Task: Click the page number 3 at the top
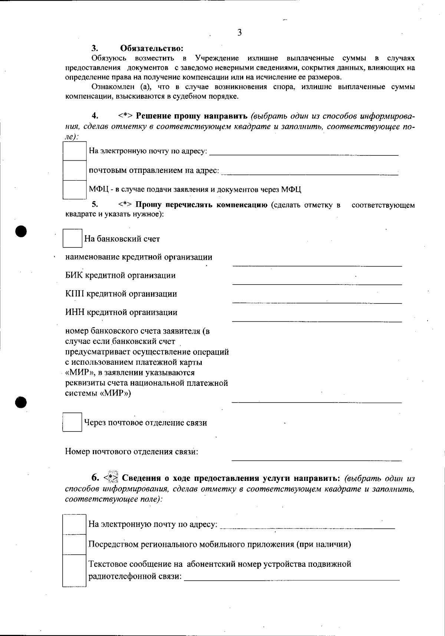[239, 33]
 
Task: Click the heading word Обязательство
[152, 49]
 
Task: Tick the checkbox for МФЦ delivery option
[75, 190]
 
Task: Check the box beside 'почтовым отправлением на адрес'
[75, 170]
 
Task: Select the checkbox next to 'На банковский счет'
[72, 239]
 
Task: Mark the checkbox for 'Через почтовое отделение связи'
[72, 422]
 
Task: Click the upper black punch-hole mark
[22, 231]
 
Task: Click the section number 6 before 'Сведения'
[95, 477]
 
